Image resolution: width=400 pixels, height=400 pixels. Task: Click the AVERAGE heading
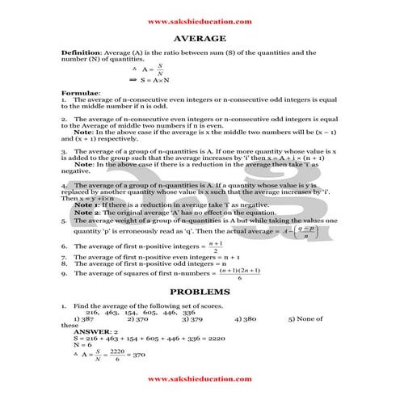click(x=200, y=38)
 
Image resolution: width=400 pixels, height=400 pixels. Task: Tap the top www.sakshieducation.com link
click(x=200, y=22)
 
